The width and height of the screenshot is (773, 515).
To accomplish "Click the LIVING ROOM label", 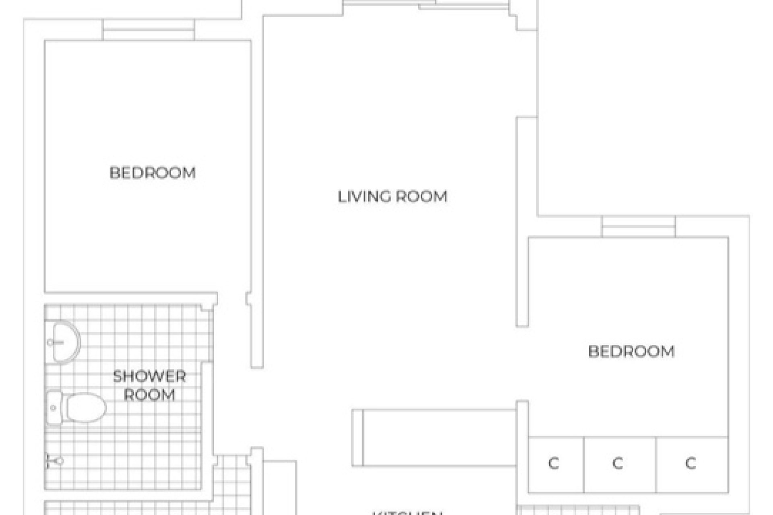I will click(x=392, y=197).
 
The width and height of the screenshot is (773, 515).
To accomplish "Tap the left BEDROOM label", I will click(x=153, y=173).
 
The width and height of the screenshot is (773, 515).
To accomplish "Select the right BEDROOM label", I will click(x=631, y=351).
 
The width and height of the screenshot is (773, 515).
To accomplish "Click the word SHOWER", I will click(x=149, y=377).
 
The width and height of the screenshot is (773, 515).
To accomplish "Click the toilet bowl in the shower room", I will click(x=86, y=408).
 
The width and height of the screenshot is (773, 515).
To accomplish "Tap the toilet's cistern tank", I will click(x=54, y=408).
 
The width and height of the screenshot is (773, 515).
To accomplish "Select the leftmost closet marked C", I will click(x=554, y=463).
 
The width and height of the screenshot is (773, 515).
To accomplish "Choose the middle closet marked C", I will click(x=618, y=463).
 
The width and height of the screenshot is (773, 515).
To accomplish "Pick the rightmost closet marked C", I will click(x=690, y=463).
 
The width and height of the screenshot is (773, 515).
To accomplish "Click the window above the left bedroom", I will click(x=149, y=30).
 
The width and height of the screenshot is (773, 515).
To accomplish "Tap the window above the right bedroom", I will click(x=639, y=227).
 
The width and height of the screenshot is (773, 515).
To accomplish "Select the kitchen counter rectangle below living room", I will click(x=439, y=438).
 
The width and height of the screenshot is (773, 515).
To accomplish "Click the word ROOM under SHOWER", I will click(x=149, y=395).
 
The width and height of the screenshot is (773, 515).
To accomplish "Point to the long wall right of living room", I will click(x=522, y=221).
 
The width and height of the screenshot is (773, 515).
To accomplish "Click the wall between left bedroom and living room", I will click(x=257, y=201).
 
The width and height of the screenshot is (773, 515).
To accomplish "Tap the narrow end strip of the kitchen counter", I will click(x=358, y=438).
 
